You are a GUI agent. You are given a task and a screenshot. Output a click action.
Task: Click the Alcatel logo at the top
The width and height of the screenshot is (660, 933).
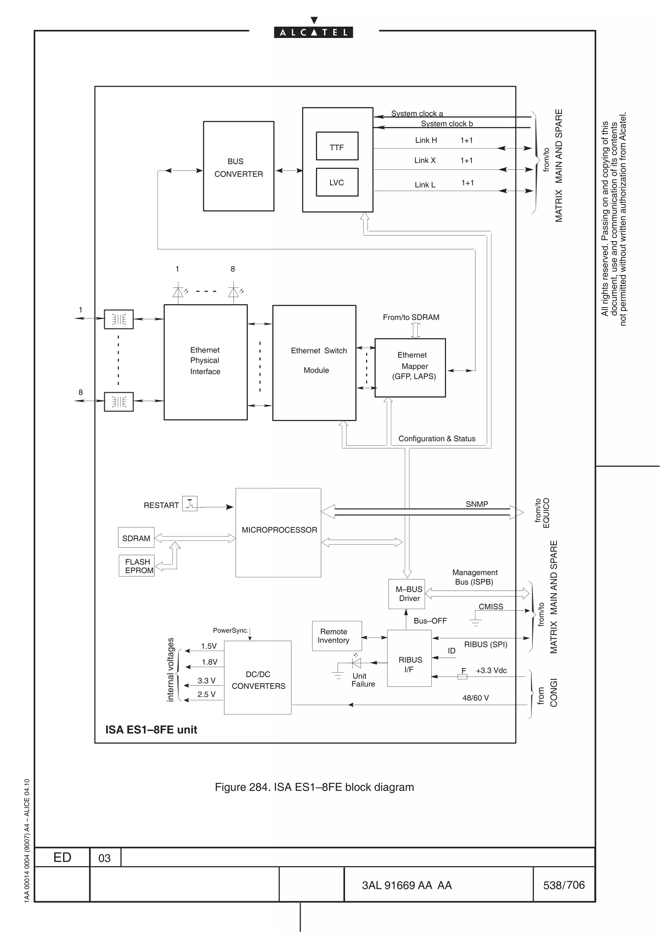click(x=313, y=32)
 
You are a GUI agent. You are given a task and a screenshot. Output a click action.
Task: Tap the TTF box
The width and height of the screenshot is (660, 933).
click(x=337, y=146)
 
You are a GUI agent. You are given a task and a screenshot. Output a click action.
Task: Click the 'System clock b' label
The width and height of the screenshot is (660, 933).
click(x=447, y=124)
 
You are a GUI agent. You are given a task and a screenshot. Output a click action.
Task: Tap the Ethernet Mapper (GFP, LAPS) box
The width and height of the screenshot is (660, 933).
click(x=410, y=367)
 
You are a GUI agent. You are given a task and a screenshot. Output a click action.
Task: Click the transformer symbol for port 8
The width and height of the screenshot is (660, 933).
click(x=119, y=402)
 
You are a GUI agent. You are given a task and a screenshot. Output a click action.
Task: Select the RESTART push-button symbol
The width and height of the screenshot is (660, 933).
click(x=189, y=504)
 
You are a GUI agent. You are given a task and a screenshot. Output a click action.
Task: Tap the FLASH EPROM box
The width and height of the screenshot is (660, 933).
click(x=137, y=566)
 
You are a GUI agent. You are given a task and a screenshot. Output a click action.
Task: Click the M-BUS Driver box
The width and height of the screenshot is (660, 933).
click(x=407, y=594)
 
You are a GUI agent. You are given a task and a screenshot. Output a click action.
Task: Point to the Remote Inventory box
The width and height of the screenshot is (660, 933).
click(x=337, y=636)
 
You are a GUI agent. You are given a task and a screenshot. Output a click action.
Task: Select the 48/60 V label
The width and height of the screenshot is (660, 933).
click(x=475, y=698)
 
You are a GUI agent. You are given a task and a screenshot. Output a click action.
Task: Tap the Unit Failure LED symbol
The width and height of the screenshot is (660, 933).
click(x=356, y=663)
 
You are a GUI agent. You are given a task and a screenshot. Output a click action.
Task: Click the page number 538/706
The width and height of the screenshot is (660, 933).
click(x=564, y=885)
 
